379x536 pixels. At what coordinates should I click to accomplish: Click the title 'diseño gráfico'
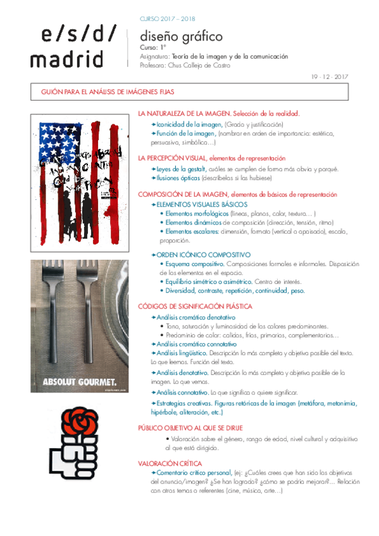(x=173, y=37)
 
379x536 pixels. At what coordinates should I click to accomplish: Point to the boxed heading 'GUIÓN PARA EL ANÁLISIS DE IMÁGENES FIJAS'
(x=108, y=92)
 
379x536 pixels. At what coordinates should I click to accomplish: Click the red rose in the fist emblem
(x=78, y=418)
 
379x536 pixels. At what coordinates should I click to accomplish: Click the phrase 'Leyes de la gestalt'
(x=181, y=169)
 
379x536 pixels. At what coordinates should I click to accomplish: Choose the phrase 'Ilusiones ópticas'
(x=179, y=178)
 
